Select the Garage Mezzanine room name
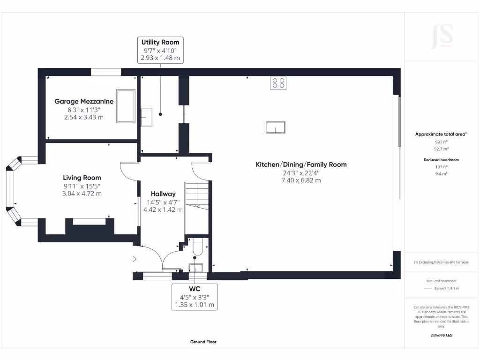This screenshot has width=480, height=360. [84, 101]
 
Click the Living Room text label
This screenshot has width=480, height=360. [82, 178]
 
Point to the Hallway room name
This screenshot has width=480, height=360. [163, 194]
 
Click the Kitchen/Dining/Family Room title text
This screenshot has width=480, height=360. [301, 165]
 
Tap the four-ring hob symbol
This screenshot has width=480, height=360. [278, 83]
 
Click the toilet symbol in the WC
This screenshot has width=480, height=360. [197, 247]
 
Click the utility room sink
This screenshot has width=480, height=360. [147, 117]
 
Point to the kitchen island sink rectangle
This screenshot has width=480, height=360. [275, 127]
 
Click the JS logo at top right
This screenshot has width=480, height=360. [442, 37]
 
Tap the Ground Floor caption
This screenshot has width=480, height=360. [203, 342]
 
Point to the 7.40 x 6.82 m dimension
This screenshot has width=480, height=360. [301, 180]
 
